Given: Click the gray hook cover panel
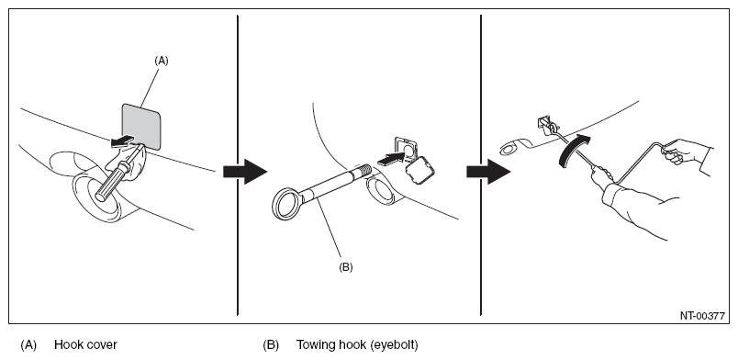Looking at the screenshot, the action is (x=141, y=127).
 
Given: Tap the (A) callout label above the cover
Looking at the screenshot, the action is (x=162, y=61).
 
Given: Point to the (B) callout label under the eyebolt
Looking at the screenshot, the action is (x=345, y=267).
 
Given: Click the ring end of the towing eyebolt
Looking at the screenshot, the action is (x=286, y=203).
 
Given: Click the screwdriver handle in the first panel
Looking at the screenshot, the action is (x=111, y=182).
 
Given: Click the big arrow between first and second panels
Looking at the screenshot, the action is (x=245, y=172).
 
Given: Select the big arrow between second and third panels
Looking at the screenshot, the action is (x=488, y=172).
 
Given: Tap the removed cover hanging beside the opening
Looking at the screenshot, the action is (x=419, y=170).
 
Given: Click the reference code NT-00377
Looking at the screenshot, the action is (x=702, y=316).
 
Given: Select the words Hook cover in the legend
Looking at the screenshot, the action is (x=85, y=344).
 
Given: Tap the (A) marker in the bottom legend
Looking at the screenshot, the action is (x=28, y=345).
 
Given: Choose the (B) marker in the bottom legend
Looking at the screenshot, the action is (x=271, y=345).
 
